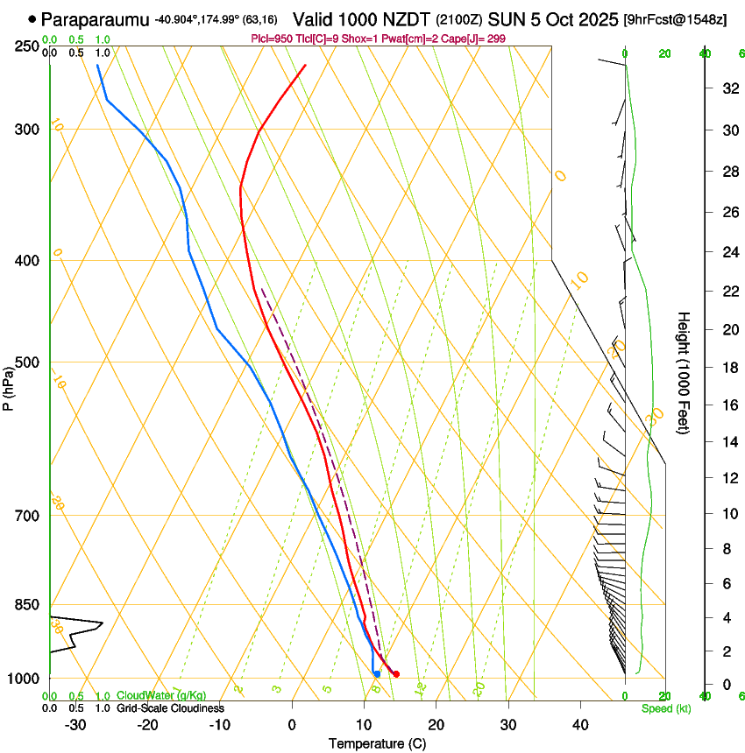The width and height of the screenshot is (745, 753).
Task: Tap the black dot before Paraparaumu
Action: point(32,18)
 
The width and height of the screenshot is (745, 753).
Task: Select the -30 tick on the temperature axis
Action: point(75,725)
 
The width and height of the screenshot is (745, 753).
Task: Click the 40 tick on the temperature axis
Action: point(579,725)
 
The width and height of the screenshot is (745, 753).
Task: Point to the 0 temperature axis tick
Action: point(292,725)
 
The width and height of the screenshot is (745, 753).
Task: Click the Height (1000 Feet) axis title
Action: point(684,372)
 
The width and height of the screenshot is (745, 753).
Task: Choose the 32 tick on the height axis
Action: point(729,88)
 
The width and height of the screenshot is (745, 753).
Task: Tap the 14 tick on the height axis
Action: point(729,442)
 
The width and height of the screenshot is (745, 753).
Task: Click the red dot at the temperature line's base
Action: point(396,673)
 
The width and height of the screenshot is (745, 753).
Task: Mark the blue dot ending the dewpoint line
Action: point(376,673)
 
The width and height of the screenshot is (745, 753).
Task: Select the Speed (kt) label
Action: point(665,708)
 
